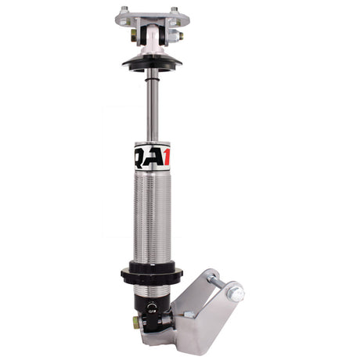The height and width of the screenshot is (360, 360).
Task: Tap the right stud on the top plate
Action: point(174,10)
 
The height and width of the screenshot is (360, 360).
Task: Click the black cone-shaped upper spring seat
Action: point(152,61)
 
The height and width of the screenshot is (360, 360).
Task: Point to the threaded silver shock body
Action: point(153,219)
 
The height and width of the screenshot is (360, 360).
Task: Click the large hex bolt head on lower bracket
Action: point(234,293)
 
